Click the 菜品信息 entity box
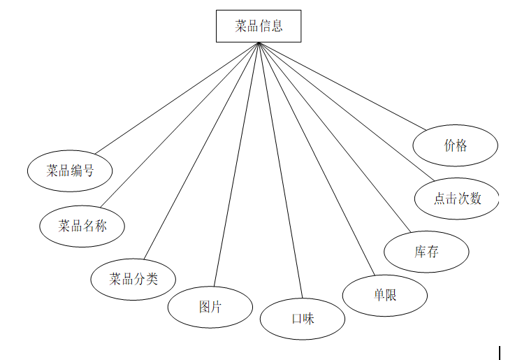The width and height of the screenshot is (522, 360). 259,27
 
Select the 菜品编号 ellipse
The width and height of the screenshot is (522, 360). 70,171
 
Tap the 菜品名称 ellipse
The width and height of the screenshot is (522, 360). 82,226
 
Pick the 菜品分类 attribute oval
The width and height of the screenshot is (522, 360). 133,280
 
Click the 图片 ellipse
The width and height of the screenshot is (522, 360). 210,306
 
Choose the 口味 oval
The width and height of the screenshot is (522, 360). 303,319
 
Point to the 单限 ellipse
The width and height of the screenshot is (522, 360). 385,295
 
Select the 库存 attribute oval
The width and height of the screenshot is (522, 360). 426,252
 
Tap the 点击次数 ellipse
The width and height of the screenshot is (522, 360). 457,199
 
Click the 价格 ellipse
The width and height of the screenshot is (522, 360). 455,145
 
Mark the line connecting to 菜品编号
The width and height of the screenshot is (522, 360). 177,98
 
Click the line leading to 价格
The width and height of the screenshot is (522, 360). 342,85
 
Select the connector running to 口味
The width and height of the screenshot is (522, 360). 280,171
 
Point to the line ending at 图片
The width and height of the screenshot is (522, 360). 236,165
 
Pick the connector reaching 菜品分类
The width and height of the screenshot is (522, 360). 201,150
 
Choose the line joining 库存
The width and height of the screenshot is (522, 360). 334,137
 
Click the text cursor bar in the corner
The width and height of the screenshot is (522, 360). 500,352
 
